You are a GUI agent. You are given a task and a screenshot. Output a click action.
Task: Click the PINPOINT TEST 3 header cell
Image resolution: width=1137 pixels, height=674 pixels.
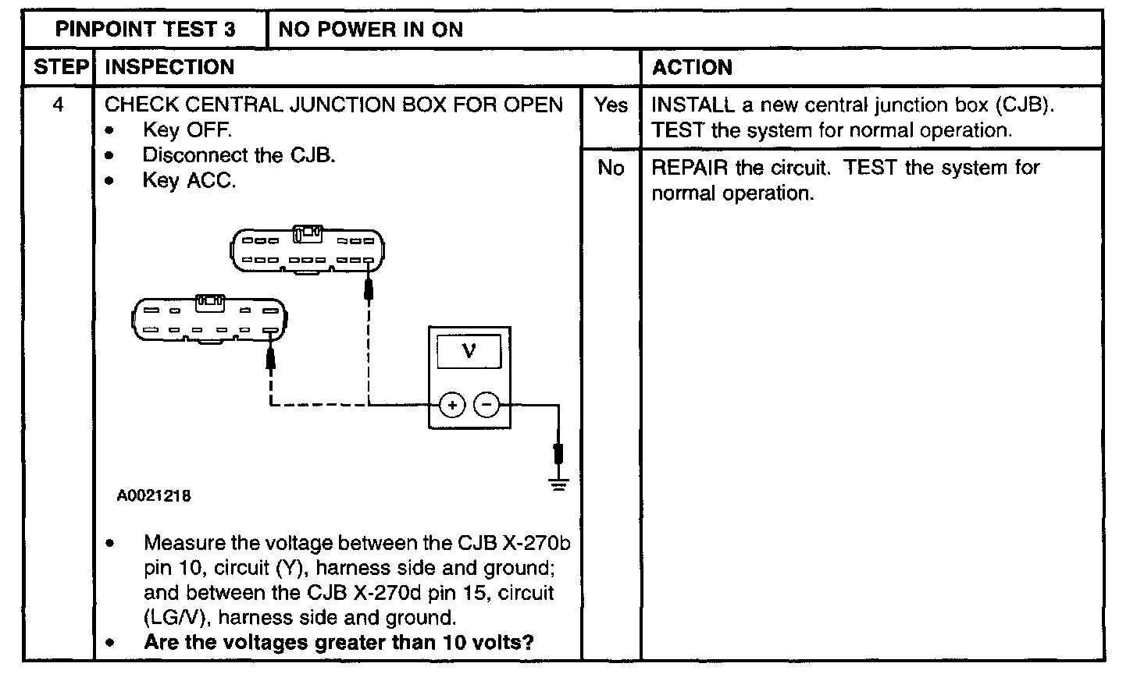click(144, 30)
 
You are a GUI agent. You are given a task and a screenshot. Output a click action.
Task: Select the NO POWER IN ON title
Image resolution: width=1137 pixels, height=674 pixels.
click(370, 30)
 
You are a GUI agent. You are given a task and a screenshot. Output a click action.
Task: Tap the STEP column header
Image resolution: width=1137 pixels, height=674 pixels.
click(60, 67)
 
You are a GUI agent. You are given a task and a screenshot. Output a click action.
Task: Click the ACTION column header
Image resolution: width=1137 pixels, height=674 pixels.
click(692, 67)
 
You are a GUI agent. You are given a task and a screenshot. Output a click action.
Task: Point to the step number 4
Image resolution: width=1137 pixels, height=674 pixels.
click(59, 105)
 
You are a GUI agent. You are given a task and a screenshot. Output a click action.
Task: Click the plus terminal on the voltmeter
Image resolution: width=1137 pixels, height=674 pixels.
click(452, 405)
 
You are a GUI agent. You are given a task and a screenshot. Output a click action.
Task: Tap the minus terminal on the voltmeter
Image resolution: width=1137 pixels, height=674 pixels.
click(487, 405)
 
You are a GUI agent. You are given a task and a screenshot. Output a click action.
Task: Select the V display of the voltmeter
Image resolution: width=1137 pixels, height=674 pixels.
click(469, 351)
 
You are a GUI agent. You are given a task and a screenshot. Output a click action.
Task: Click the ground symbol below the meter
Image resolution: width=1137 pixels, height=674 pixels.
click(558, 484)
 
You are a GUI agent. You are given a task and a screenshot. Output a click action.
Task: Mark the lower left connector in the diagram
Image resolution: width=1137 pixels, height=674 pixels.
click(209, 320)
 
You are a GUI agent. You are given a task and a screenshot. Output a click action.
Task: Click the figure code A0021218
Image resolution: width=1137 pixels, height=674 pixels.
click(154, 495)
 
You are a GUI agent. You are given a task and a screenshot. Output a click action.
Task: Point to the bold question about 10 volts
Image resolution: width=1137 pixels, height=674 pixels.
click(339, 644)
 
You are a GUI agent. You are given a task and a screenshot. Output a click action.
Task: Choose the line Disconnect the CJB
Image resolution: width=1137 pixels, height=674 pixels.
click(239, 155)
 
